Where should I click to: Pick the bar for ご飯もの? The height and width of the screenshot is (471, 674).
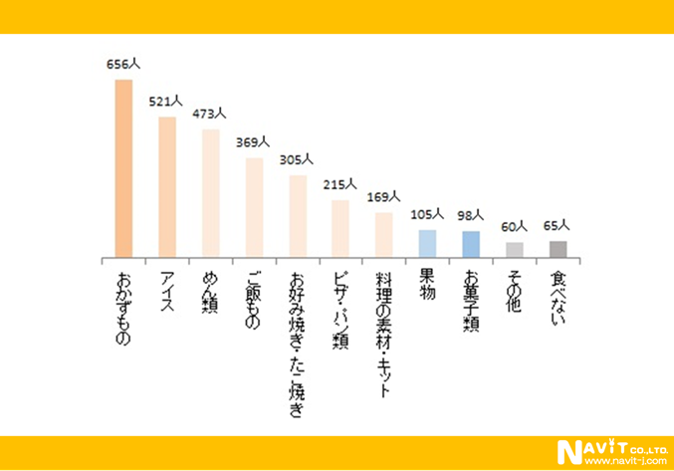(254, 207)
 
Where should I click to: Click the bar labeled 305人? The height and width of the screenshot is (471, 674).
(297, 215)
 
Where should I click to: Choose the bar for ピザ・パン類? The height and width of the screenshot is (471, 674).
(340, 228)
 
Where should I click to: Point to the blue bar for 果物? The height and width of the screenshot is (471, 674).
(427, 243)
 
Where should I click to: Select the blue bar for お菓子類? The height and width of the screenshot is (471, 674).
(471, 244)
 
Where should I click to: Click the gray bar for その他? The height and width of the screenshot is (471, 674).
(514, 249)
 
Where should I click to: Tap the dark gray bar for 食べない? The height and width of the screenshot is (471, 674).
(558, 248)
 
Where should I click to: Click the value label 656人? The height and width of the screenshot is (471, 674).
(124, 64)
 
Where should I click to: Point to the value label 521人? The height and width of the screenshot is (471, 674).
(166, 102)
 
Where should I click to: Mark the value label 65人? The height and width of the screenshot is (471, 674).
(557, 226)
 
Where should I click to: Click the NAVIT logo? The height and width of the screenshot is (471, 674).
(588, 451)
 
